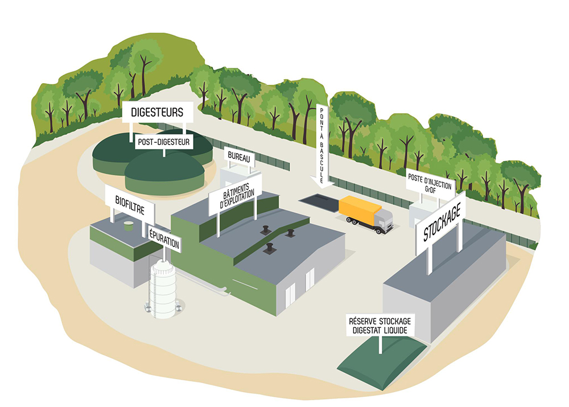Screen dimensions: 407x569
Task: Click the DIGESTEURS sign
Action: point(157,112)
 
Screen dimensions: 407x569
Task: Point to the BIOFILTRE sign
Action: point(130,200)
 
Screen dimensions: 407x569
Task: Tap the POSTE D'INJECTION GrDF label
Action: point(430,182)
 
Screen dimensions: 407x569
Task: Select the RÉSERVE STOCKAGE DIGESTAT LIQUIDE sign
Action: point(380,325)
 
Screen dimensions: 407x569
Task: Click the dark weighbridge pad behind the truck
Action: point(319,200)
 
